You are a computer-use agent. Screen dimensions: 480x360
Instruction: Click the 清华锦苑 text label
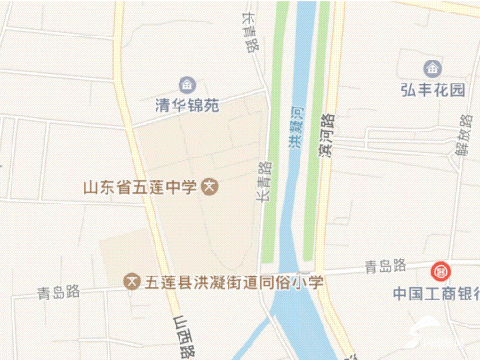(188, 105)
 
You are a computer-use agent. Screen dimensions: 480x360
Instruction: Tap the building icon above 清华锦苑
(188, 84)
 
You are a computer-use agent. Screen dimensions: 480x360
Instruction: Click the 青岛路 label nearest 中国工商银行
(386, 265)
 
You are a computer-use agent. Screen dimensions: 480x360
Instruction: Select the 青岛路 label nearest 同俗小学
(58, 294)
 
